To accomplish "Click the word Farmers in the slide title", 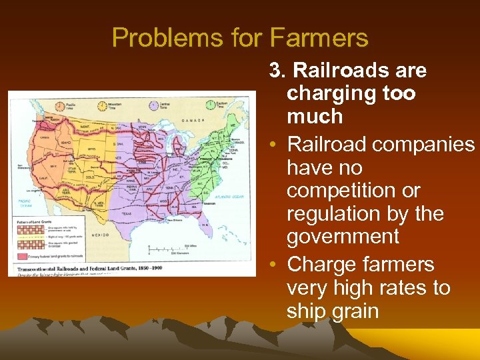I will pos(327,37).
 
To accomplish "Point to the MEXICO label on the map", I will pos(100,234).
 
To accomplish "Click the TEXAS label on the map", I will pos(126,213).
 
